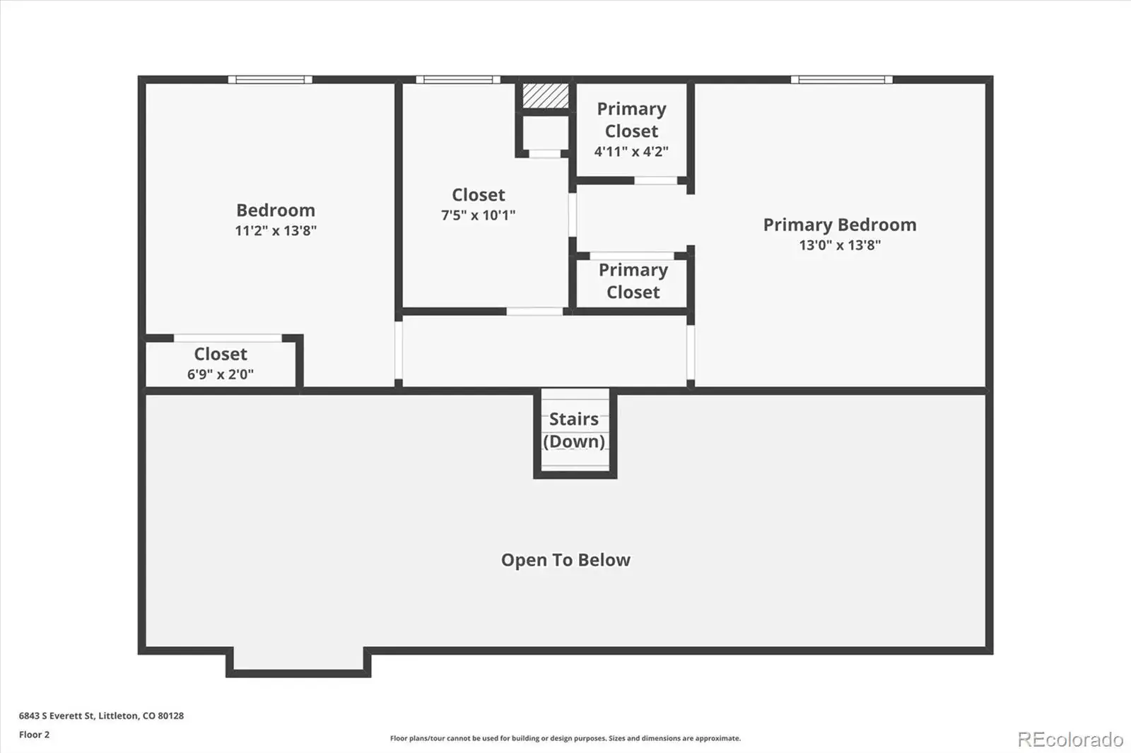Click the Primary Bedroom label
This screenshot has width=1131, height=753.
[x=840, y=225]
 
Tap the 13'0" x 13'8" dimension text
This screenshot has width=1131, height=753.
[x=840, y=245]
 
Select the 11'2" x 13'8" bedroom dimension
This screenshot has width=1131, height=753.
[x=276, y=231]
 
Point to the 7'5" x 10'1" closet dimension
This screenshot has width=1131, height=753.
[x=478, y=215]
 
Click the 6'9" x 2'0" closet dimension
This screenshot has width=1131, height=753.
[x=220, y=374]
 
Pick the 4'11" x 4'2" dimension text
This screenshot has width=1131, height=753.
[x=631, y=151]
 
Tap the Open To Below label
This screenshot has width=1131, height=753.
[x=565, y=559]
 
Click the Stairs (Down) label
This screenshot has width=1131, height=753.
[x=574, y=430]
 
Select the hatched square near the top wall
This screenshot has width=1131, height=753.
[x=545, y=96]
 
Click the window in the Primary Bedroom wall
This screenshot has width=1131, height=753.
[x=842, y=80]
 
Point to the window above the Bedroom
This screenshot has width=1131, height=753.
[x=270, y=80]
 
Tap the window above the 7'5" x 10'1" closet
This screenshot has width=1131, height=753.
[x=458, y=80]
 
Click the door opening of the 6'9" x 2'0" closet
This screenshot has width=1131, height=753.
[x=228, y=338]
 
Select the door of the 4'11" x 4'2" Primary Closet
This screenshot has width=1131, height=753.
[x=656, y=181]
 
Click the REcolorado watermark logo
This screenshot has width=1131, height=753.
[x=1070, y=740]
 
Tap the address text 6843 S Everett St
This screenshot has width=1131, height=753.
[x=57, y=716]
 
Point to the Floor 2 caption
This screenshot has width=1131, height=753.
[x=35, y=735]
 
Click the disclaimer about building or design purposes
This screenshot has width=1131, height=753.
[x=565, y=738]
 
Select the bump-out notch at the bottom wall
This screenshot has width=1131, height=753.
[x=298, y=662]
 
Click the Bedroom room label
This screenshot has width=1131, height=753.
[x=276, y=210]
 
